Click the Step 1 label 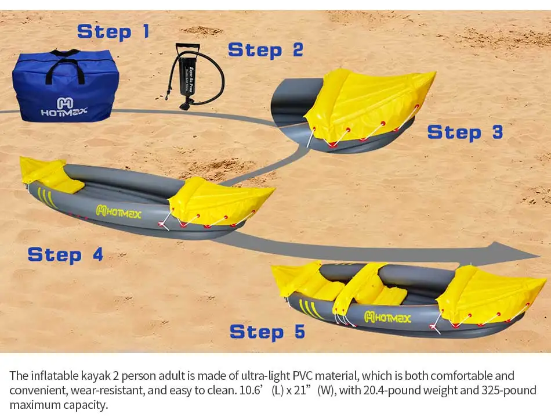point(113,31)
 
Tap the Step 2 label point(265,50)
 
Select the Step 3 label point(465,132)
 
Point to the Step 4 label point(65,254)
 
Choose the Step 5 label point(267,332)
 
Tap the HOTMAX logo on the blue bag point(64,107)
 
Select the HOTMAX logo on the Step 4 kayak point(118,211)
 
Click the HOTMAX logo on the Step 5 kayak point(387,317)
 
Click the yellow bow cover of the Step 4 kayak point(220,200)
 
